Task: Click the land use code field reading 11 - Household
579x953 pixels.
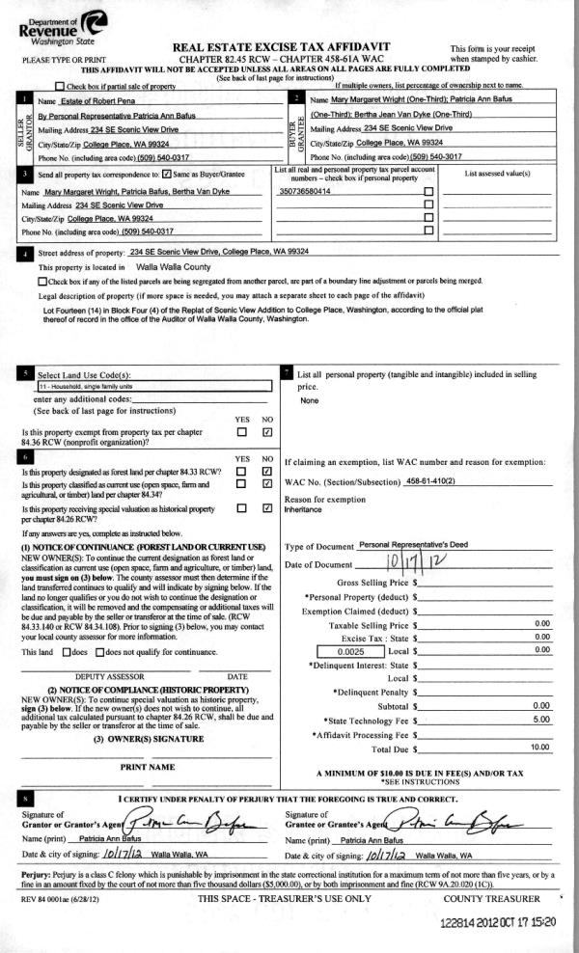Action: tap(145, 385)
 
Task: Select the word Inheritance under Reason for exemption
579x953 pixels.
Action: tap(301, 509)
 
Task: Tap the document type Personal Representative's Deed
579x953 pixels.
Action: tap(412, 544)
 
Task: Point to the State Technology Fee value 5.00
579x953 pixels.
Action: tap(540, 720)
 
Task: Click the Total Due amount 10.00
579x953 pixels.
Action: tap(539, 748)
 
